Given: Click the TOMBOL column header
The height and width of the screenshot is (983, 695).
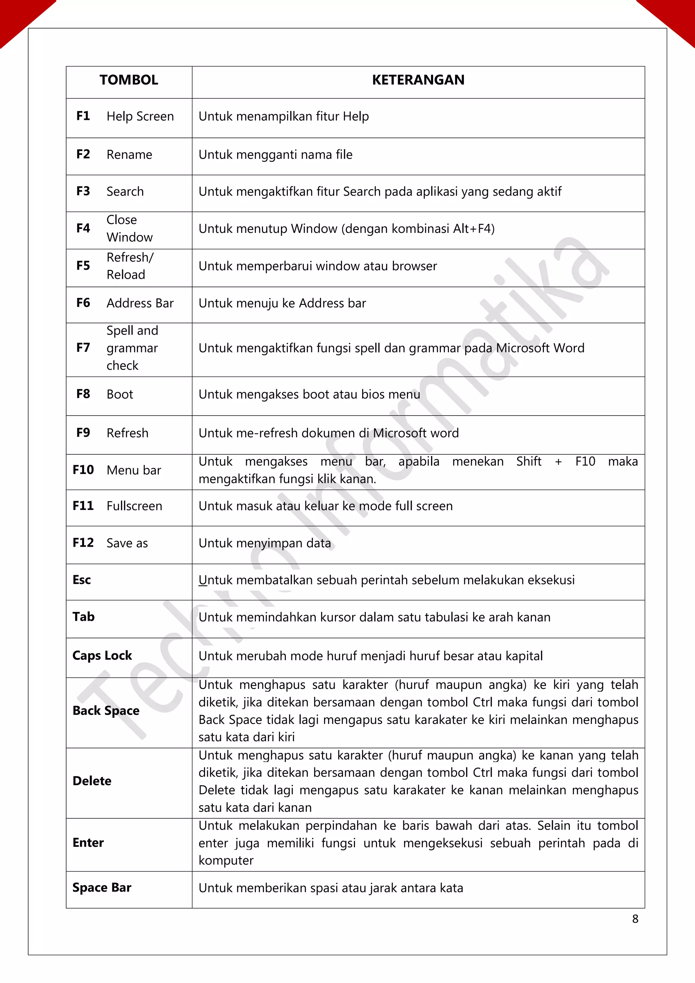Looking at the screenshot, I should [x=129, y=80].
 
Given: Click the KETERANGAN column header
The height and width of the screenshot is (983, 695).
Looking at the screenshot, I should [x=418, y=80].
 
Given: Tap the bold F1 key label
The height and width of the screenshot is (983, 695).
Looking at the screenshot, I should [x=83, y=116].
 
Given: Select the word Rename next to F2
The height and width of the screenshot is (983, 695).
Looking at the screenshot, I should [x=129, y=154].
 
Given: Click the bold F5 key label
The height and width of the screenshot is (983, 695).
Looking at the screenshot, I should [x=83, y=266].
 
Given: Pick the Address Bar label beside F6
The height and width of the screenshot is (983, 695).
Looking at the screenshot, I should [x=140, y=303].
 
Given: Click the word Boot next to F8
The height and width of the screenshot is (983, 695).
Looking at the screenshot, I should [x=120, y=394].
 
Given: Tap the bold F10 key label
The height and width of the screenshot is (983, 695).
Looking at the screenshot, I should [x=83, y=470].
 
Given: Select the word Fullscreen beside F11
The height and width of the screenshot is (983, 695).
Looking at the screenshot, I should [x=134, y=506].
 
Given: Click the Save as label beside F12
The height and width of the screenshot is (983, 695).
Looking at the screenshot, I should [x=127, y=543].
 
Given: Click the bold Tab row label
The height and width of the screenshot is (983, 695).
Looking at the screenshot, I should [x=83, y=617].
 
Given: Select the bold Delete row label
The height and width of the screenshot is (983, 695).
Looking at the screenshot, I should [x=92, y=781].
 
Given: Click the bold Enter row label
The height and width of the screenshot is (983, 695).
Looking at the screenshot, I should [x=88, y=842].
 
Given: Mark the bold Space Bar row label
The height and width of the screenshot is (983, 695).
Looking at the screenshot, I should [x=102, y=888].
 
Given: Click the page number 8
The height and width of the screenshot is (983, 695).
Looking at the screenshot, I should [x=635, y=919].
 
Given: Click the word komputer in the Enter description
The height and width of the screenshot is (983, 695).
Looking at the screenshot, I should [x=226, y=860].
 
